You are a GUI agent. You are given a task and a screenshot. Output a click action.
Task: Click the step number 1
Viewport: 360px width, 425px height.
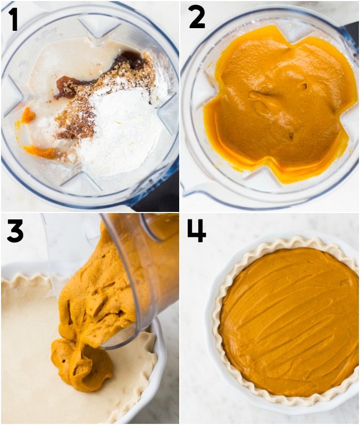[14, 19]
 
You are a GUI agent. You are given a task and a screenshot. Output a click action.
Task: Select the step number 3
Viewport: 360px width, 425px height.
[15, 231]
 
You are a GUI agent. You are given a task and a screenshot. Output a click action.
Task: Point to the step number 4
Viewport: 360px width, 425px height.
[197, 231]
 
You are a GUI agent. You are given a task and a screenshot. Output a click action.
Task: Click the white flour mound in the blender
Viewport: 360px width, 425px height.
[119, 130]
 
